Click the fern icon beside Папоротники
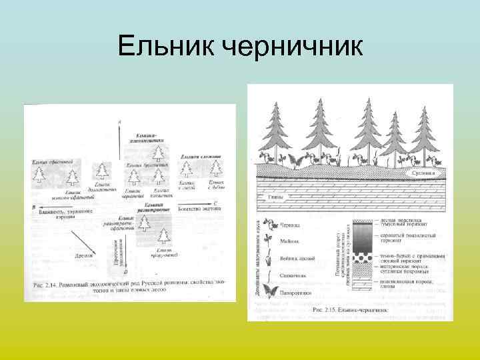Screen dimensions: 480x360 tap(270, 291)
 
